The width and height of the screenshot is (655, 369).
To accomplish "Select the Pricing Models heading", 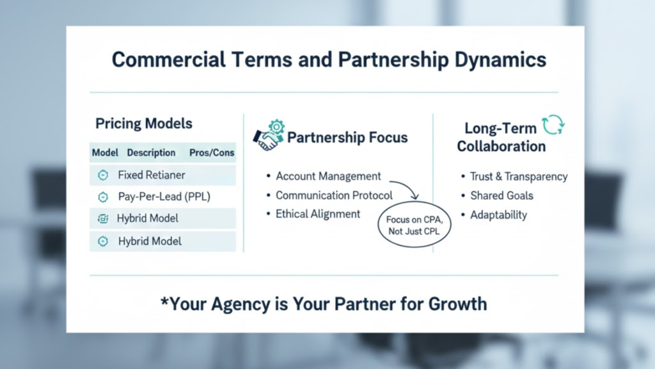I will [144, 124].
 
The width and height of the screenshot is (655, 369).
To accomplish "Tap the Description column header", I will [151, 152].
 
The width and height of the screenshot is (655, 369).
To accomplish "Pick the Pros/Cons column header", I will [212, 152].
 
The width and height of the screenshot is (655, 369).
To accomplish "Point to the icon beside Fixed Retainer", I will [102, 175].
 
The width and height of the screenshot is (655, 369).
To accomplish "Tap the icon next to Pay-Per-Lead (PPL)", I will [102, 197].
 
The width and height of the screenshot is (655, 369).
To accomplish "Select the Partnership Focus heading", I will [347, 138].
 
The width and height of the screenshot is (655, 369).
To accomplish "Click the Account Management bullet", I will [328, 176].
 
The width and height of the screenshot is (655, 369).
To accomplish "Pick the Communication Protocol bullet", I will [334, 195].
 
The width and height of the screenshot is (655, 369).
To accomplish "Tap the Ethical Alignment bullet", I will [318, 214].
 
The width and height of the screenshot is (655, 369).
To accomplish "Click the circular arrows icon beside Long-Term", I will [553, 126].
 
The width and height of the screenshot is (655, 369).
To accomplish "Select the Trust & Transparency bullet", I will [519, 176].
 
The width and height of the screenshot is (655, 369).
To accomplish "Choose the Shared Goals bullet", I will [501, 195].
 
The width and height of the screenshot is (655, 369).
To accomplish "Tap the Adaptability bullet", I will [498, 215].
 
